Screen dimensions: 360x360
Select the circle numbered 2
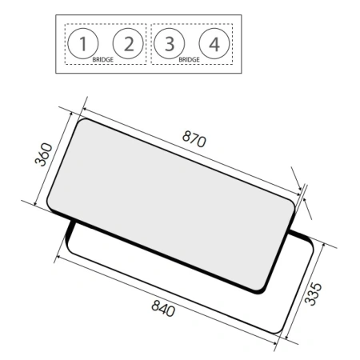click(127, 44)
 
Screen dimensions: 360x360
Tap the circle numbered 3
click(169, 44)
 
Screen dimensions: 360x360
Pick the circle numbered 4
click(214, 44)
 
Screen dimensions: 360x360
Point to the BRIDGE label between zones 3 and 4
click(190, 59)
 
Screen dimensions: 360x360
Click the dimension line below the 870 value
click(192, 151)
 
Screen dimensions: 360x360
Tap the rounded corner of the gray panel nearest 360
click(80, 123)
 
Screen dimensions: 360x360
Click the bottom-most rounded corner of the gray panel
click(256, 287)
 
